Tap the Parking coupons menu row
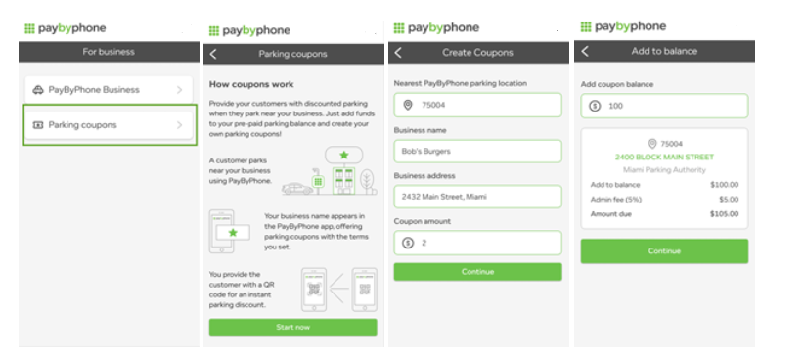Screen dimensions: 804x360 click(110, 125)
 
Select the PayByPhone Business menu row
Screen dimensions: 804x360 click(110, 90)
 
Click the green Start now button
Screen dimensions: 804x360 click(292, 327)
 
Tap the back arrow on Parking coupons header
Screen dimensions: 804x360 click(214, 54)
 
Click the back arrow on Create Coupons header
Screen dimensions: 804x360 click(398, 52)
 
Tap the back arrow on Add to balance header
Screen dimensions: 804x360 click(585, 51)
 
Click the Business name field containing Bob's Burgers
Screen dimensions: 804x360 click(478, 152)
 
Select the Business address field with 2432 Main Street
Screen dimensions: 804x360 click(478, 197)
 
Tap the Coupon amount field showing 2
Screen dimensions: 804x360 click(478, 243)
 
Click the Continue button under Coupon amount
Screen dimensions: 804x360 click(478, 272)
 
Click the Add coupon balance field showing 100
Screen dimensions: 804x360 click(664, 106)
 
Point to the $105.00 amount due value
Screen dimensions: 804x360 click(724, 214)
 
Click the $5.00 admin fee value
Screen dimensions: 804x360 click(728, 200)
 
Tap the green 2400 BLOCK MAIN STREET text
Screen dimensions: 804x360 click(664, 157)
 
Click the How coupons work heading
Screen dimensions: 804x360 click(251, 84)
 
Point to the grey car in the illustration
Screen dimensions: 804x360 click(297, 189)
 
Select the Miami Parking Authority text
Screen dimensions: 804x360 click(664, 170)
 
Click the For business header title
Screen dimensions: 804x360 click(109, 52)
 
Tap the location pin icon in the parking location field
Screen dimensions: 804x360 click(408, 105)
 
